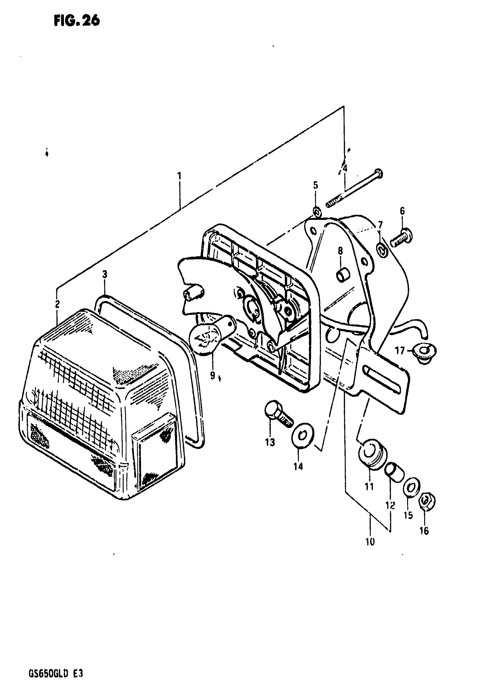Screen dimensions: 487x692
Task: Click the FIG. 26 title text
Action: (77, 21)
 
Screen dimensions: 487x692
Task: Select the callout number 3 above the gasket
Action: (105, 274)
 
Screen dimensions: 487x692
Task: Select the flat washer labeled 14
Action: (303, 436)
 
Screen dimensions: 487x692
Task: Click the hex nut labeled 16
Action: (427, 502)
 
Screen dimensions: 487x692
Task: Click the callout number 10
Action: (370, 542)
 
